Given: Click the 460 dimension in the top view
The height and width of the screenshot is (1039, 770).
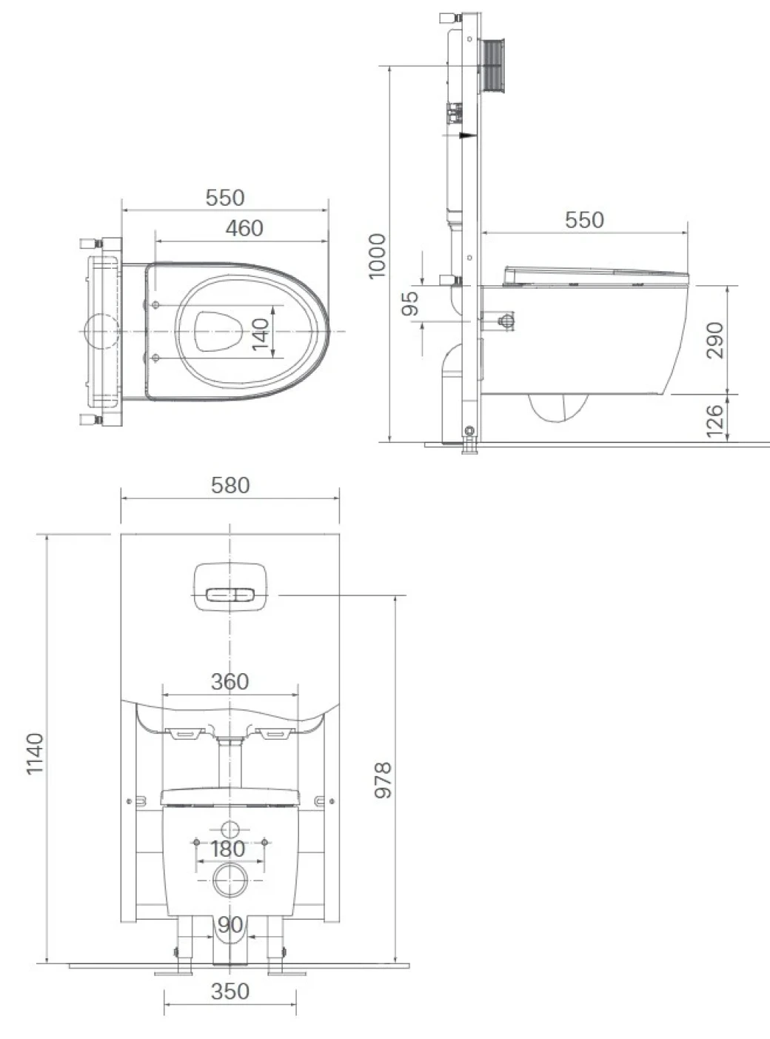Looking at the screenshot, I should (244, 228).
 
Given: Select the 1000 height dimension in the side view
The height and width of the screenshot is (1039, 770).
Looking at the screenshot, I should (378, 255).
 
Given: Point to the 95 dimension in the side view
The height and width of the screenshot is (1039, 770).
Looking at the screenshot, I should (410, 303).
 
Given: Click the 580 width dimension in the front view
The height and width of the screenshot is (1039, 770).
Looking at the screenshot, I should (230, 486).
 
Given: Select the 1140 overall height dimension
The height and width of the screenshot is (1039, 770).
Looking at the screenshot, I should (35, 753).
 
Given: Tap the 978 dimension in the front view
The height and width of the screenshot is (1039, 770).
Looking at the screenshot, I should (382, 780).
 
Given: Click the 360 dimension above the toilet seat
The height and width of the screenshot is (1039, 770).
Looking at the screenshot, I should (230, 682).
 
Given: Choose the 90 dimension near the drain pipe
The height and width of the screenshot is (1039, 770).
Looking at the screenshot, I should (230, 924).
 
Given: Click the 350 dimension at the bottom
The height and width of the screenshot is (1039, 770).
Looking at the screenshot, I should (230, 992).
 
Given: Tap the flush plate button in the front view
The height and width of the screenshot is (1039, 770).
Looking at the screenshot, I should (230, 595).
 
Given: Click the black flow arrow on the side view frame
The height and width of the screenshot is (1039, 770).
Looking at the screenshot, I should (466, 136).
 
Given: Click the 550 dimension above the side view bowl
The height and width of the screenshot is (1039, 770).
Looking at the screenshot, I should (584, 220).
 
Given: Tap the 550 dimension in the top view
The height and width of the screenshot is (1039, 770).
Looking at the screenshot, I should (225, 198).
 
